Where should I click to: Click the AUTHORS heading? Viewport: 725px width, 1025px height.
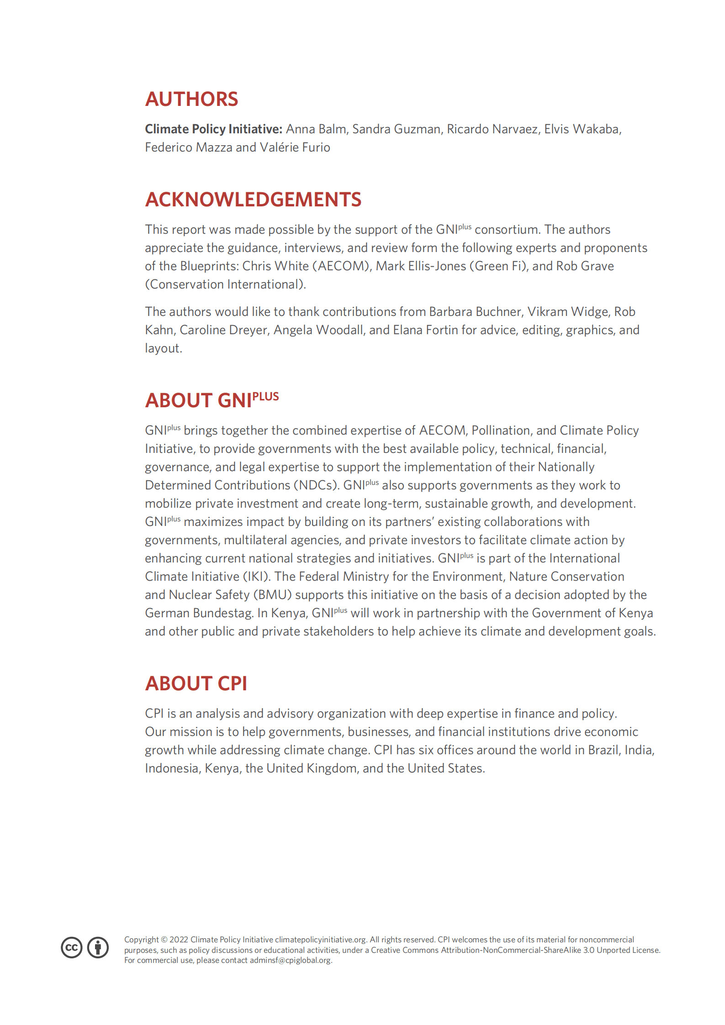191,99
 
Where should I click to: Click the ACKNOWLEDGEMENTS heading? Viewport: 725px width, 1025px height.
253,200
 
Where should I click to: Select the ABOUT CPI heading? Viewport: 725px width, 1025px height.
196,683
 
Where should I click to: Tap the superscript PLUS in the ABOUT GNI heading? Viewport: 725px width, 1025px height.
265,396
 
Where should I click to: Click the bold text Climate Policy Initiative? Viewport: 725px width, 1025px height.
213,129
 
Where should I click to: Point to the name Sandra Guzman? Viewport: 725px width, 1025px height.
396,129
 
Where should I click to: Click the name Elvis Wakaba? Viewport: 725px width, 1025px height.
582,129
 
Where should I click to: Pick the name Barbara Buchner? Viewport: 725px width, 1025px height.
475,312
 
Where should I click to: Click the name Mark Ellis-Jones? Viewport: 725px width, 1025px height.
421,266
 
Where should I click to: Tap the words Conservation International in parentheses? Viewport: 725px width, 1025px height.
225,284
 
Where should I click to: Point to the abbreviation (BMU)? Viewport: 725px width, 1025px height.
272,595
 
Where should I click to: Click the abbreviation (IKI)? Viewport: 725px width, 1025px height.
256,577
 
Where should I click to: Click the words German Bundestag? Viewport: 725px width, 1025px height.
199,613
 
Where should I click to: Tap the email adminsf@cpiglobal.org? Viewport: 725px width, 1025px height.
291,960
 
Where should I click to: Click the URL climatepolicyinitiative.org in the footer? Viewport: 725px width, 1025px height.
320,940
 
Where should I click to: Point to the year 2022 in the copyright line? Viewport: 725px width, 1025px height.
179,940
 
